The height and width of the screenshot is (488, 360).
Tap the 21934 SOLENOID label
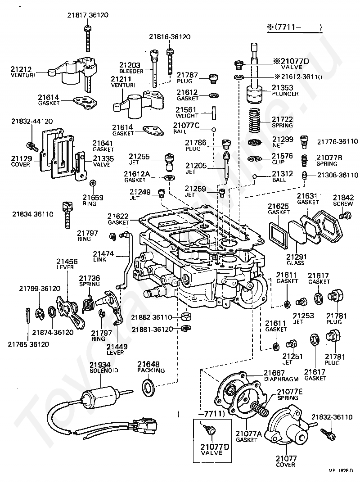pos(104,367)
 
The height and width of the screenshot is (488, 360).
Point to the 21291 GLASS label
pos(296,260)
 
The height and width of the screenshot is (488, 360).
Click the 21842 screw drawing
pos(346,215)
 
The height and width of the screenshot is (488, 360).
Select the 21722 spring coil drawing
pos(255,120)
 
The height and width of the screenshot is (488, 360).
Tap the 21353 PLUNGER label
pos(285,90)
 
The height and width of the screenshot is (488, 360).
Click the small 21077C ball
pos(214,129)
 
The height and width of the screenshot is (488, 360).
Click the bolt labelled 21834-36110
pos(67,215)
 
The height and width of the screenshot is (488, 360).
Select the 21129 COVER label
pos(21,161)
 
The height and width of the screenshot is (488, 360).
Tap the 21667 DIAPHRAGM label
pos(281,376)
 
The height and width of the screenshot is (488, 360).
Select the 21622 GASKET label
pos(118,219)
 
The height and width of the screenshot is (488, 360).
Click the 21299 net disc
pos(254,143)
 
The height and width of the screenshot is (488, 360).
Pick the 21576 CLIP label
pos(282,159)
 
